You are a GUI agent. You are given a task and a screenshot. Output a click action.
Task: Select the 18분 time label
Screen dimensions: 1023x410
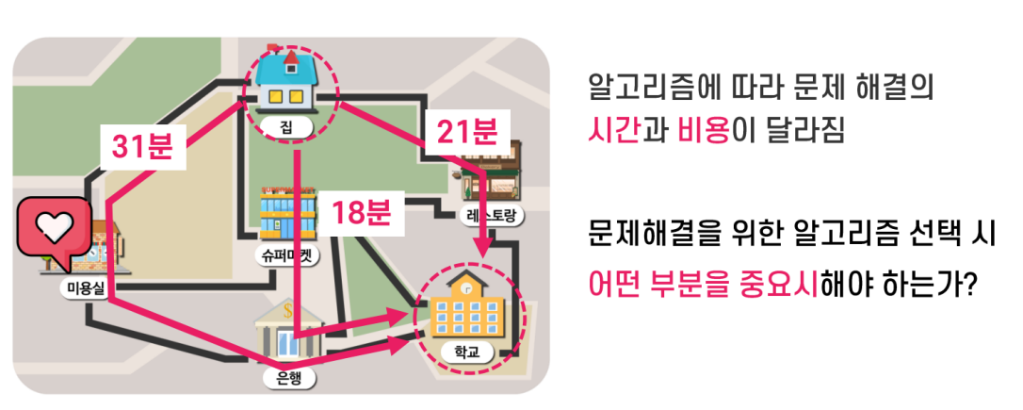point(362,213)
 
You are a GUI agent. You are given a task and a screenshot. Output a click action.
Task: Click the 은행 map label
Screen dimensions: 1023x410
point(289,377)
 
